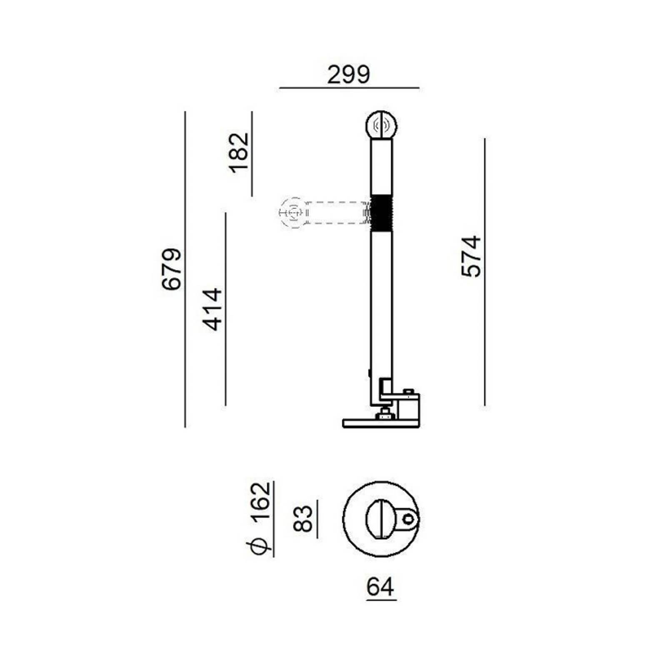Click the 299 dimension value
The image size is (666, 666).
(348, 75)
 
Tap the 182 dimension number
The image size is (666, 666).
(239, 153)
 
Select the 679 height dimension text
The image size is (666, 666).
(172, 269)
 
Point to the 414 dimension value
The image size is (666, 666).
(212, 309)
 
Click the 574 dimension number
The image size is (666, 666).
(471, 256)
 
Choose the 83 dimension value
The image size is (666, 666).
(303, 519)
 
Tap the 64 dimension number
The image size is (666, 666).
(381, 587)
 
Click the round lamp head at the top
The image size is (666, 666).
(381, 124)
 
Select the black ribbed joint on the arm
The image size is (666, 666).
(381, 213)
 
